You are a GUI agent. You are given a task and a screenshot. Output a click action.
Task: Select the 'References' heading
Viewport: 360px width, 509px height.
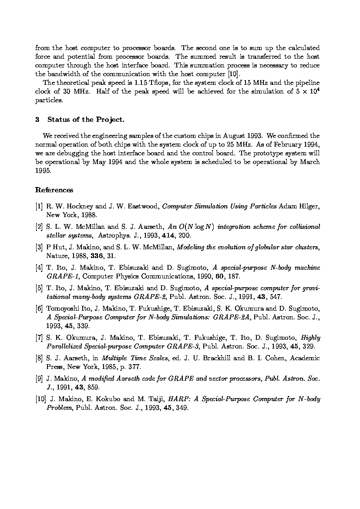(x=54, y=190)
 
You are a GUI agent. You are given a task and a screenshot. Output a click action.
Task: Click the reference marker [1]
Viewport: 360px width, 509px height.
(x=39, y=207)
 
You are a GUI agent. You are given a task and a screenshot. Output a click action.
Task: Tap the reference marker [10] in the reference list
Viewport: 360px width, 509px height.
(x=40, y=399)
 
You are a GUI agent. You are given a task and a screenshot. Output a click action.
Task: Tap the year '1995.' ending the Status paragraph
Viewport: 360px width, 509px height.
(x=44, y=171)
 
